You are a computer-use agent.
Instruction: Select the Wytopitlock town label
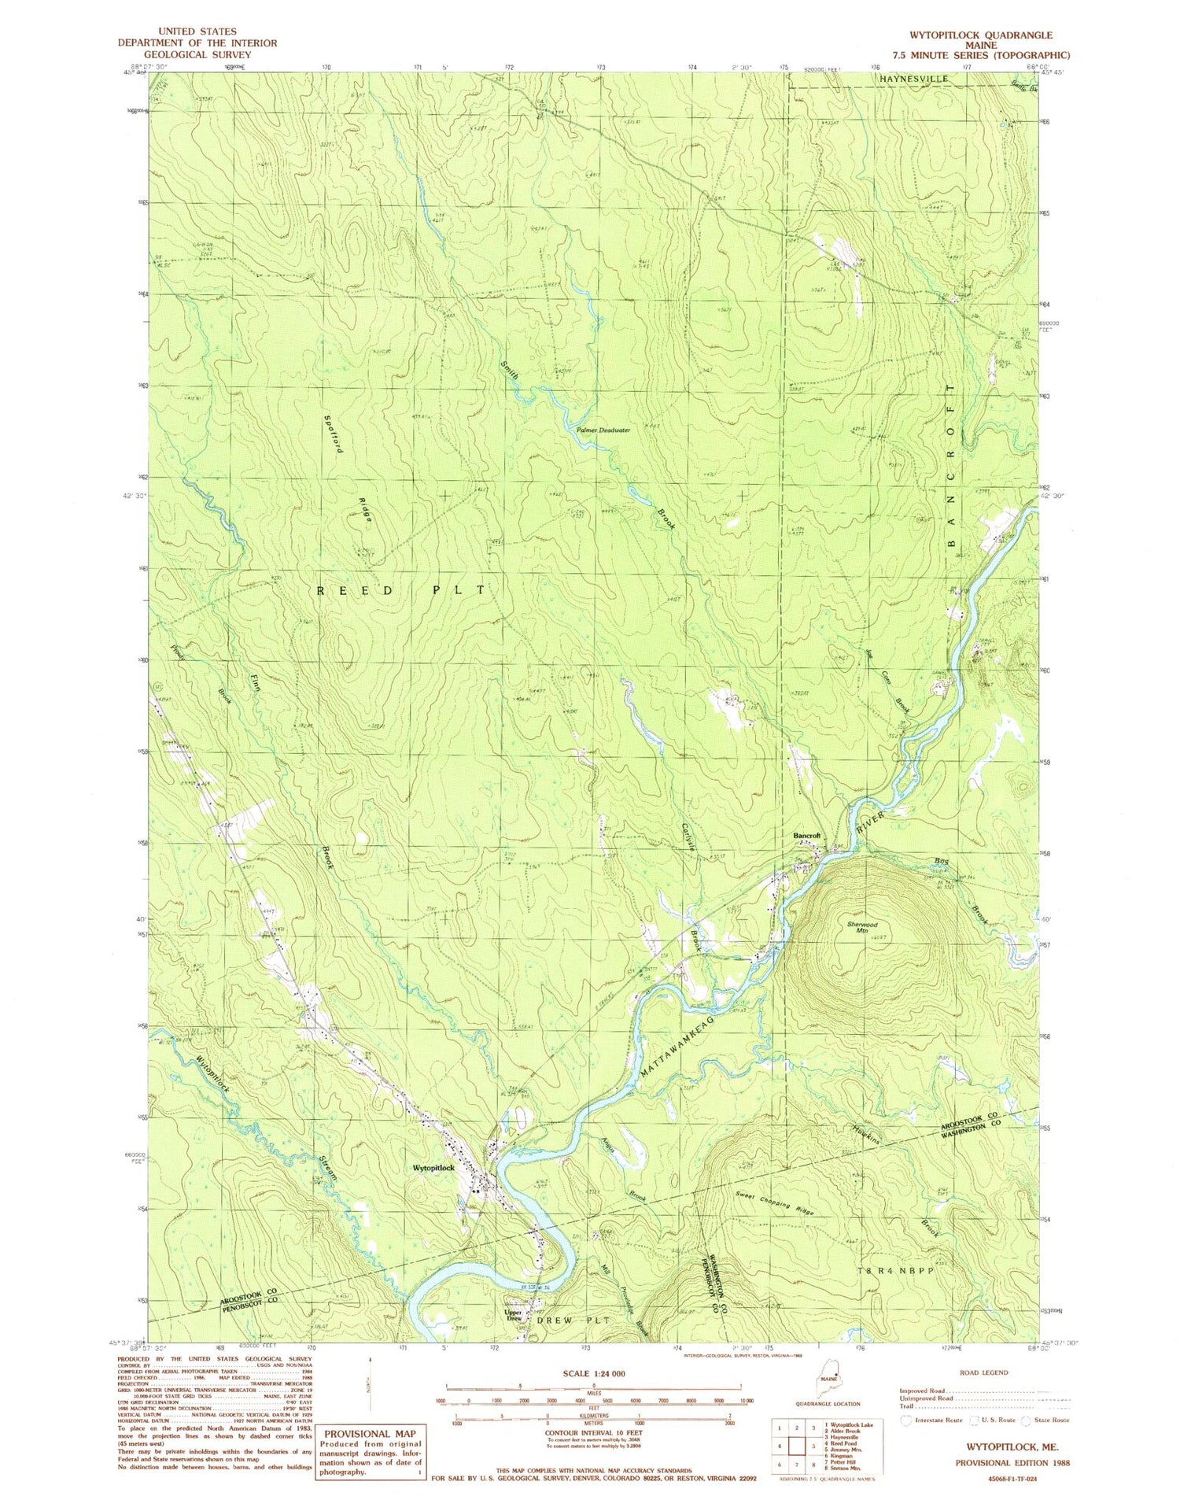coord(434,1169)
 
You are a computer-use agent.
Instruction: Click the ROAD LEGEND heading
coord(983,1372)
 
